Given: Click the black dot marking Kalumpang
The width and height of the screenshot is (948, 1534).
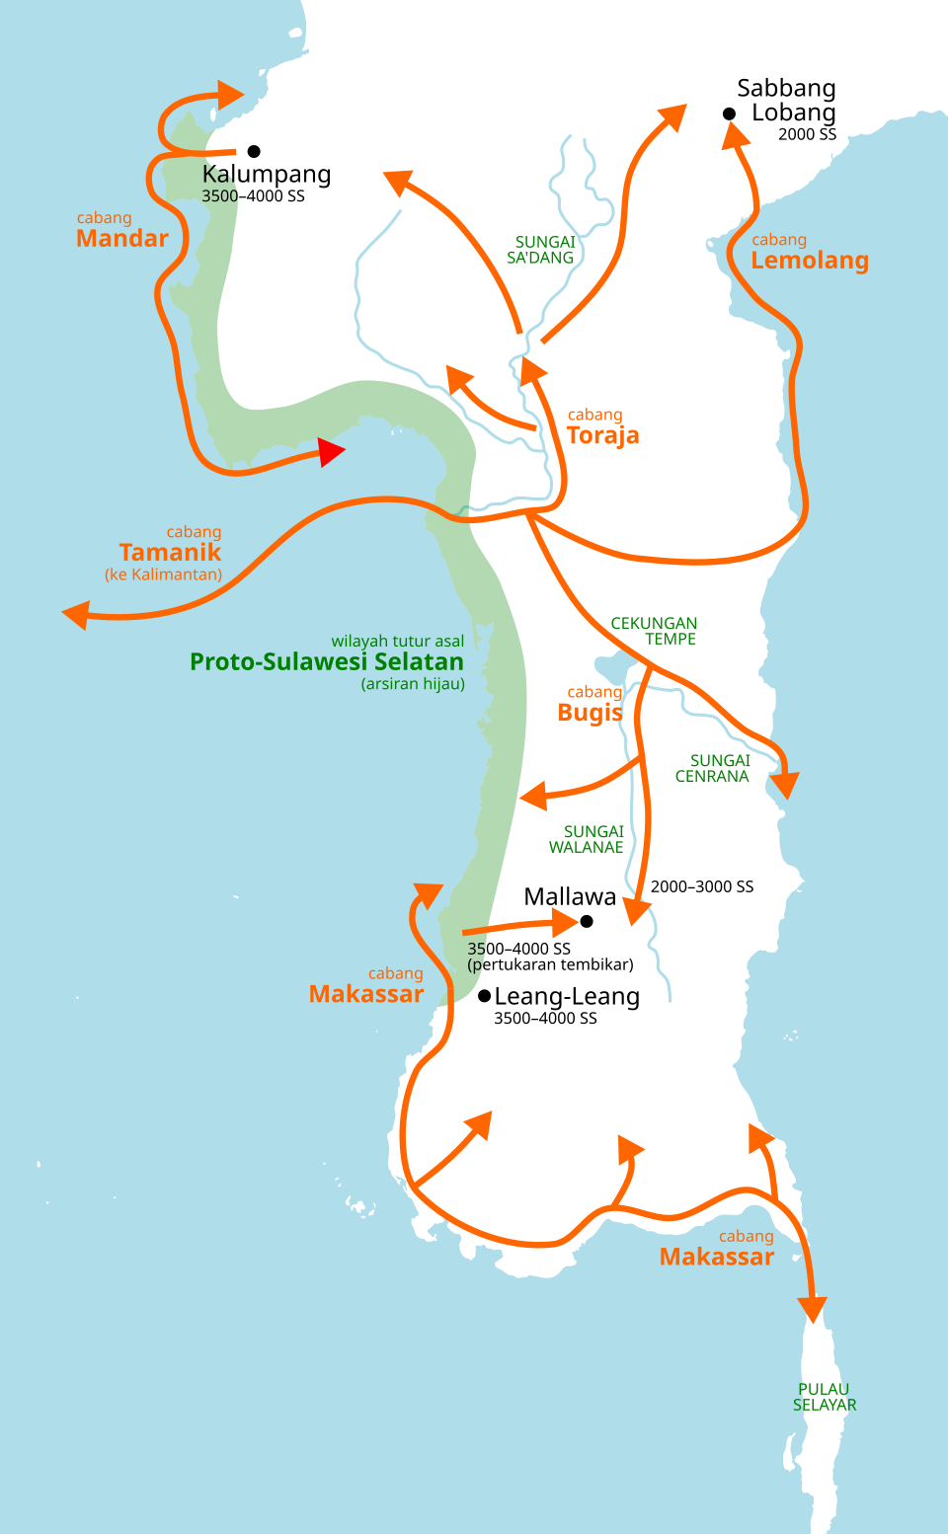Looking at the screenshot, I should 254,151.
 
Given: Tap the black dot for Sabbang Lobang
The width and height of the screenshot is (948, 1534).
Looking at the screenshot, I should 729,114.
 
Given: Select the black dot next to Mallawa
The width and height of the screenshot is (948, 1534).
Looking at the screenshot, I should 587,921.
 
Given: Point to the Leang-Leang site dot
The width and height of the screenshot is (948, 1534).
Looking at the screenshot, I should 484,995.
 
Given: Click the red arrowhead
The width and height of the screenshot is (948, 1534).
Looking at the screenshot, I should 331,452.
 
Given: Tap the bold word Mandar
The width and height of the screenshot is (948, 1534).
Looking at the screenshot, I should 122,239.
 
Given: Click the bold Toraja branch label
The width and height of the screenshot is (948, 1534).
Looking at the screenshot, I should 603,435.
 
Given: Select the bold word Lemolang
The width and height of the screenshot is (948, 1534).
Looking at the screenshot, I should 810,261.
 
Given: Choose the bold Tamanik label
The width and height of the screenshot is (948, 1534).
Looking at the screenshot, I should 170,553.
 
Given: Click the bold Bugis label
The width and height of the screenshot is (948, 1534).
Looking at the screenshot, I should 590,713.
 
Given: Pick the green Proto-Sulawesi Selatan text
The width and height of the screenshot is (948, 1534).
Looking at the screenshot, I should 327,661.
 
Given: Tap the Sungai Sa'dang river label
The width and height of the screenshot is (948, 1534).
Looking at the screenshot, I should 542,250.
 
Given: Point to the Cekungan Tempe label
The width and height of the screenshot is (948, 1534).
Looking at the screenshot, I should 655,631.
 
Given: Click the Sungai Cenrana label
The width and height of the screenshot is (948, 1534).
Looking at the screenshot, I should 714,768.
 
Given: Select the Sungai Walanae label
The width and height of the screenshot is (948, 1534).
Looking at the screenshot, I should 588,839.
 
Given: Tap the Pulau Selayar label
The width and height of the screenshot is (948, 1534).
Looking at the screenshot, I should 825,1397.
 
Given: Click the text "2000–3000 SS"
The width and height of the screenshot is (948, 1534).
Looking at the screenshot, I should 702,886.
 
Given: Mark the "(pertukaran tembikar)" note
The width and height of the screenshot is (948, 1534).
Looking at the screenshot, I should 550,964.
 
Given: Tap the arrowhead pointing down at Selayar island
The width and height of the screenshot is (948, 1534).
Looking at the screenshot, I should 813,1310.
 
